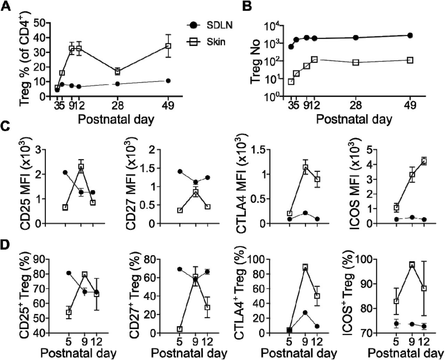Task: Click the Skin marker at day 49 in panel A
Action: click(168, 46)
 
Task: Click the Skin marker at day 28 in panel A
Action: click(118, 72)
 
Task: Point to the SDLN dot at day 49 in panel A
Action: click(168, 81)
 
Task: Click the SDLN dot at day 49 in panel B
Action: click(410, 35)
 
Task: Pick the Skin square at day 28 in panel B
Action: click(356, 62)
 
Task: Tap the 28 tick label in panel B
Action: click(356, 107)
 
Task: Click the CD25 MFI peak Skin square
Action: click(81, 167)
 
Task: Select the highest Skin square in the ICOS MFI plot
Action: click(424, 161)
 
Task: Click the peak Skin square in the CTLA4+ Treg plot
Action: click(305, 267)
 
